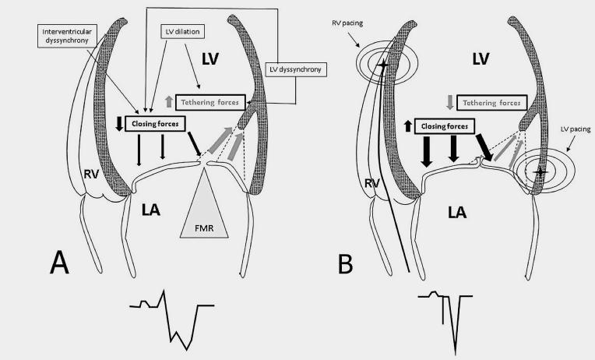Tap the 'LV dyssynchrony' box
[x=297, y=70]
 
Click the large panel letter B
[x=350, y=261]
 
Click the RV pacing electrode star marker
[x=381, y=64]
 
